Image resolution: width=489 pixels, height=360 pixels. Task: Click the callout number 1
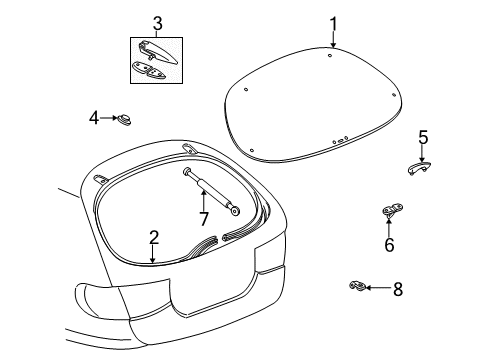click(334, 24)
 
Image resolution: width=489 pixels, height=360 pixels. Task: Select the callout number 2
click(154, 238)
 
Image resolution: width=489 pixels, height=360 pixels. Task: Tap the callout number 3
click(157, 24)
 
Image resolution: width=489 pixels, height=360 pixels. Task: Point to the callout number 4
click(94, 118)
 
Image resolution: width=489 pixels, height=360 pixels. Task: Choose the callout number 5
click(423, 137)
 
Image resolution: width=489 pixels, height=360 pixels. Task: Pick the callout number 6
click(389, 245)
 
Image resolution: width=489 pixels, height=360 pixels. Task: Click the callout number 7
click(204, 219)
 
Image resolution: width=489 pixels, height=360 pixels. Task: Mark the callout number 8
click(398, 289)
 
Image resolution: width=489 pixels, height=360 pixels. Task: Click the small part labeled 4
click(124, 119)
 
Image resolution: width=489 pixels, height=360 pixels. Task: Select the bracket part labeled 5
click(419, 167)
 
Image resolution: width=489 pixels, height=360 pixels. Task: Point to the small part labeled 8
click(357, 286)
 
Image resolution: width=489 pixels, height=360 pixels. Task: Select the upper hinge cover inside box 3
click(158, 52)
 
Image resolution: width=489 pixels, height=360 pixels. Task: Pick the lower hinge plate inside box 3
click(148, 70)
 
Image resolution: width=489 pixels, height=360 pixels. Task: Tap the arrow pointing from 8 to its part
click(378, 287)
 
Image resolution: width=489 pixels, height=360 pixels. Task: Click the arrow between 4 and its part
click(109, 118)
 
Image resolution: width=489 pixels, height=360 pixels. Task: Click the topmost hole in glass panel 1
click(330, 56)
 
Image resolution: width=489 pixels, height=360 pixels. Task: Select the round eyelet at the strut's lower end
click(236, 211)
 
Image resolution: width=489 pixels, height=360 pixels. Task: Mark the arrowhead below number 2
click(153, 260)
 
